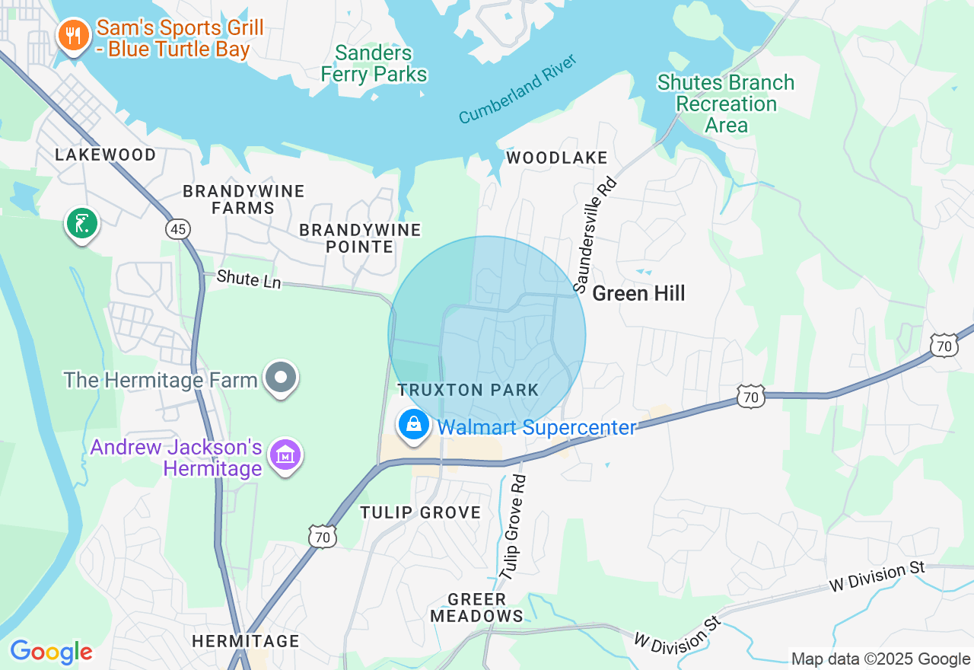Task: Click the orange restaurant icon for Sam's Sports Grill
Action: click(x=73, y=36)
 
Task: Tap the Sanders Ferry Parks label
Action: click(x=374, y=64)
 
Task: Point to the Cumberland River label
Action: click(x=518, y=89)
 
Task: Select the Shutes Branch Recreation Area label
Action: click(x=726, y=104)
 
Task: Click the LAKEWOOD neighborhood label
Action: click(x=105, y=155)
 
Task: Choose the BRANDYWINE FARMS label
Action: click(x=243, y=199)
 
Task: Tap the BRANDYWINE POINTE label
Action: click(x=360, y=238)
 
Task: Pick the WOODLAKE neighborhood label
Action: click(x=557, y=158)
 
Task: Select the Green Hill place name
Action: click(x=638, y=293)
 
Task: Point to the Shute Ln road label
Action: click(x=249, y=279)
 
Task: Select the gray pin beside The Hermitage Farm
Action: click(x=281, y=378)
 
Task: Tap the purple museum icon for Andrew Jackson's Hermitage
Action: click(x=285, y=456)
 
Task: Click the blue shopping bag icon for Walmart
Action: click(x=413, y=425)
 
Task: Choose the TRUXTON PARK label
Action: click(x=468, y=391)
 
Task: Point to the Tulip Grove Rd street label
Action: click(x=514, y=528)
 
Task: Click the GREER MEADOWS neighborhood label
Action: click(x=477, y=608)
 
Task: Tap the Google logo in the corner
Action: click(x=51, y=652)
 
